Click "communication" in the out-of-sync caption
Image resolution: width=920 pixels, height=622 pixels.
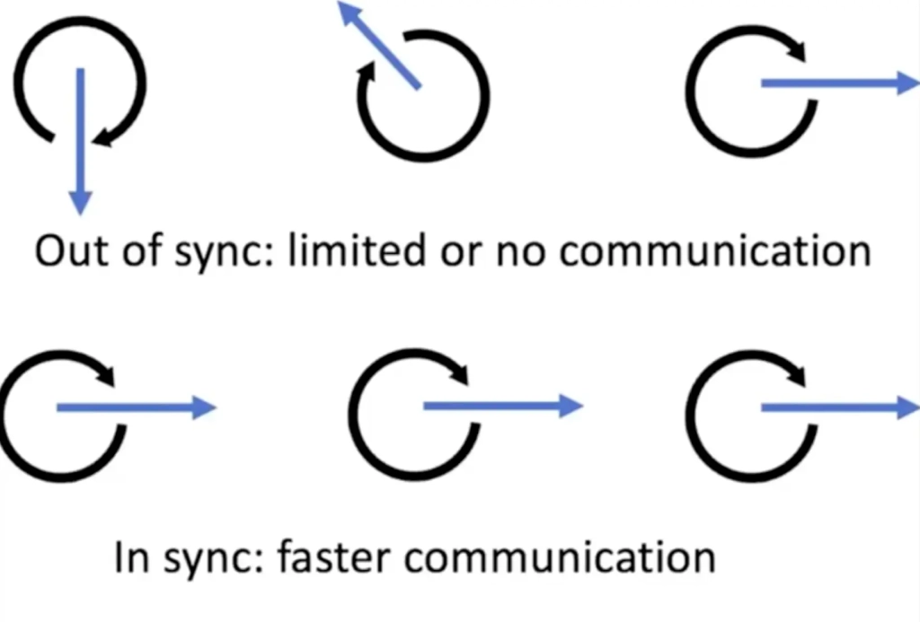pos(714,251)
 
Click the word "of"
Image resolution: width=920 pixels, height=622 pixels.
pos(137,251)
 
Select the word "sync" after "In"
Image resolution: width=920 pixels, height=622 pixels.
pos(208,558)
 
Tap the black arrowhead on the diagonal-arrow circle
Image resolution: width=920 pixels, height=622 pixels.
pos(367,76)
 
